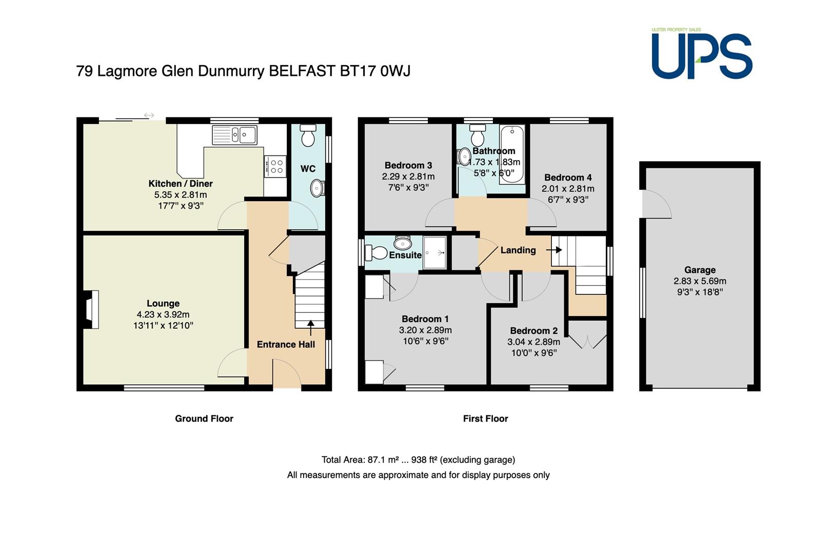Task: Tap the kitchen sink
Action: pyautogui.click(x=234, y=135)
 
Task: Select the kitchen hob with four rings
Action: pyautogui.click(x=275, y=166)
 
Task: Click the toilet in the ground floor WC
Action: pyautogui.click(x=308, y=135)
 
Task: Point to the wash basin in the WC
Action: pyautogui.click(x=318, y=188)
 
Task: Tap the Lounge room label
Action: pyautogui.click(x=163, y=303)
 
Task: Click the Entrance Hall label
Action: pyautogui.click(x=286, y=344)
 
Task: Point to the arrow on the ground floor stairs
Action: pyautogui.click(x=311, y=328)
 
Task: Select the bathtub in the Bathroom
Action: pyautogui.click(x=512, y=154)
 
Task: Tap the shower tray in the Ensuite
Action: pyautogui.click(x=434, y=252)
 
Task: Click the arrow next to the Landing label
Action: pyautogui.click(x=554, y=250)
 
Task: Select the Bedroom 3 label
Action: pyautogui.click(x=408, y=165)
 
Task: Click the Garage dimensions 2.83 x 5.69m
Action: pyautogui.click(x=700, y=281)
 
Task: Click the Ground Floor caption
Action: pyautogui.click(x=204, y=419)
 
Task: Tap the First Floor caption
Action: pyautogui.click(x=485, y=419)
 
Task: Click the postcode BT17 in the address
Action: pyautogui.click(x=358, y=71)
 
